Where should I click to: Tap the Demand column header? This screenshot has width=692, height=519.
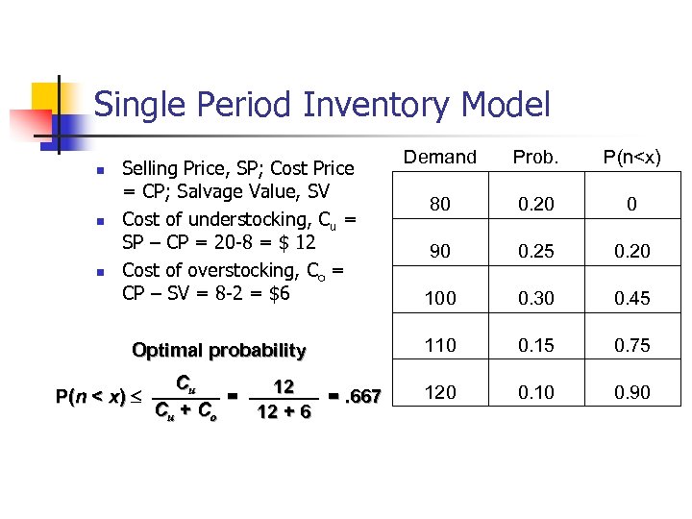point(440,157)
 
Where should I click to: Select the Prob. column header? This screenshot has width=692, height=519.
point(535,157)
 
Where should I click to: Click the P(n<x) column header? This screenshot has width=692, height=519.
point(632,157)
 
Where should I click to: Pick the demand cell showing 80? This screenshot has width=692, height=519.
point(440,204)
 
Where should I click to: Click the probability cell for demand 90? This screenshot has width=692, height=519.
point(535,251)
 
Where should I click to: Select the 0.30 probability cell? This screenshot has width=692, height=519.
point(535,298)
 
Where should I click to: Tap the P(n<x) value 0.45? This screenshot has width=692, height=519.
point(632,298)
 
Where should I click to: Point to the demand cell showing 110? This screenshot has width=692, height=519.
point(440,345)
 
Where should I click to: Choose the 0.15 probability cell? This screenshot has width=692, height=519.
point(535,345)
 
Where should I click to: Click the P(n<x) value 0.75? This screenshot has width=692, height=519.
point(632,345)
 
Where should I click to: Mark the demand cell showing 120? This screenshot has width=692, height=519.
point(440,392)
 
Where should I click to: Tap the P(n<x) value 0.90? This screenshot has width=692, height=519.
point(632,392)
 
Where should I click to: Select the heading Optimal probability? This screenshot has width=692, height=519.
point(218,350)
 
